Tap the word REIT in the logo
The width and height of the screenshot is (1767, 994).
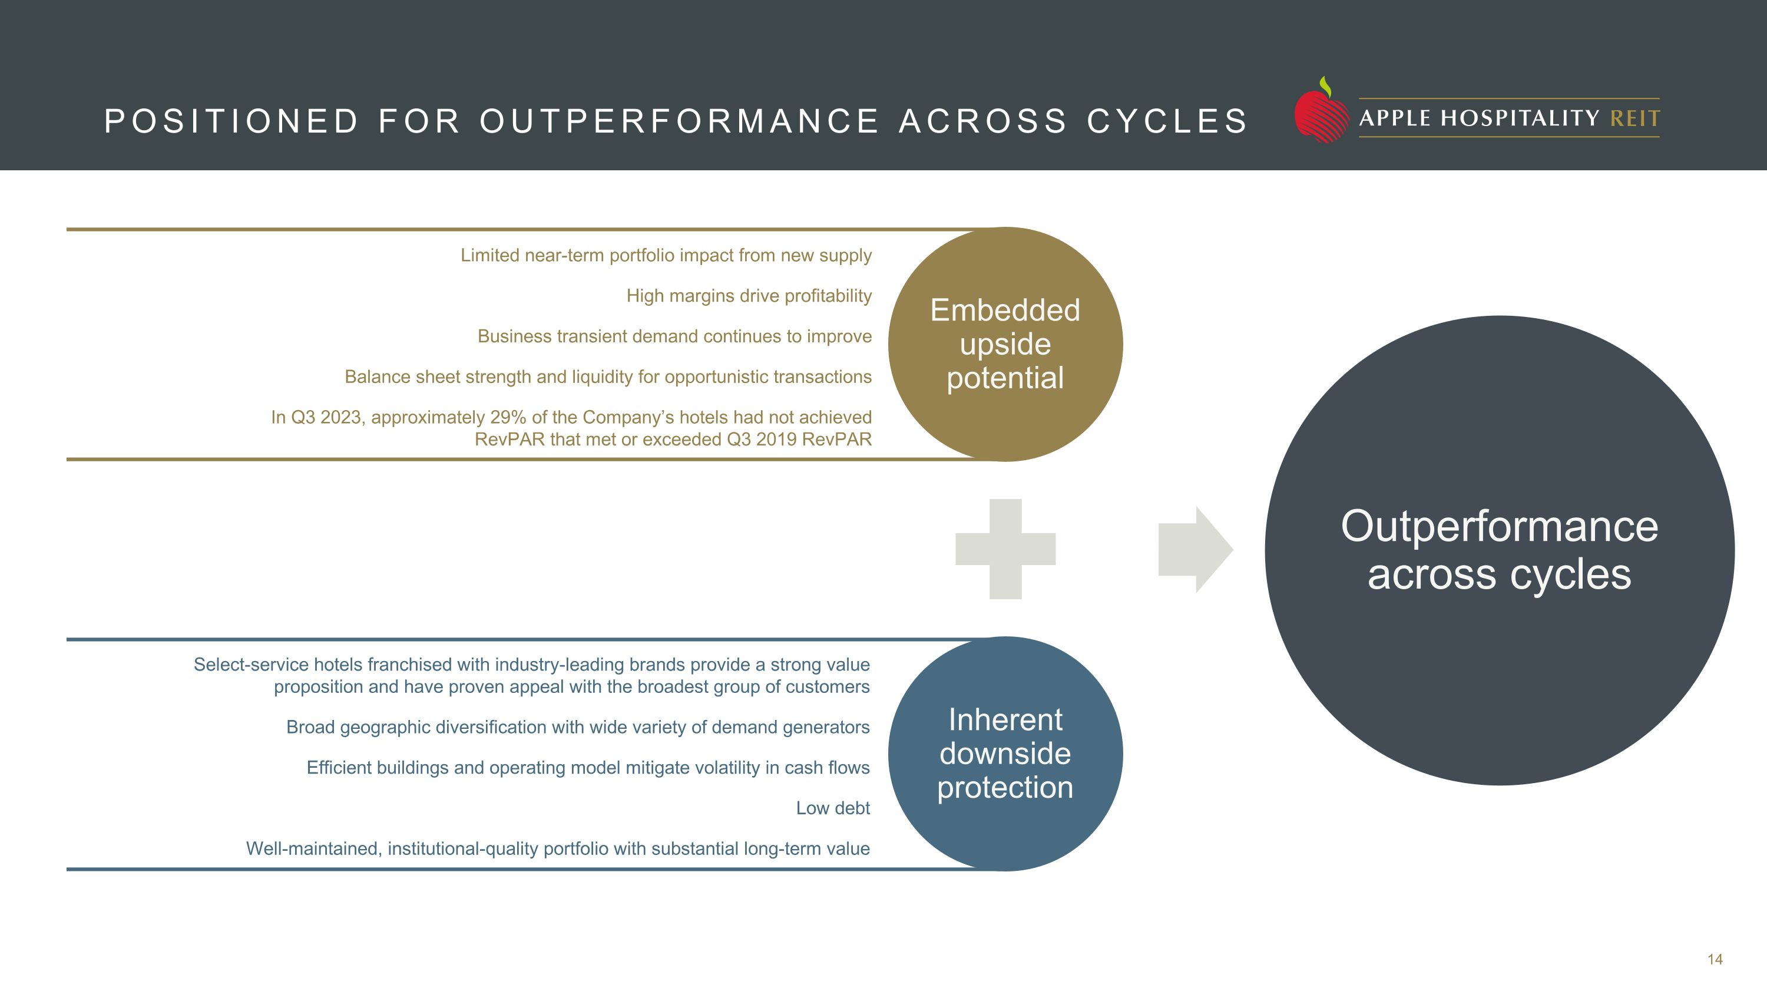(x=1634, y=118)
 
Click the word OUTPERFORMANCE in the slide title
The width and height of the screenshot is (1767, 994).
(x=679, y=121)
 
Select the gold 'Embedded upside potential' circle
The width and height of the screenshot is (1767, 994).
(x=1005, y=344)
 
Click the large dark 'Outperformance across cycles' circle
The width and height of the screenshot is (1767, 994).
(x=1499, y=550)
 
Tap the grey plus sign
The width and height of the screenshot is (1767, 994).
(x=1005, y=549)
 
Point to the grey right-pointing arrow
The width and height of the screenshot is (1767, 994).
(x=1194, y=550)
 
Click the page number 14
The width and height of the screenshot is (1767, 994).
(x=1715, y=960)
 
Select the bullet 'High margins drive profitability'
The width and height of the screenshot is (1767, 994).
(x=749, y=296)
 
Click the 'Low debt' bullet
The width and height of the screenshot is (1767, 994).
(x=832, y=808)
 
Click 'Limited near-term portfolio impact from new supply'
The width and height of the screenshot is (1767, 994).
(x=666, y=256)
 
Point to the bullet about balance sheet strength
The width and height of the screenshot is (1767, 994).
(x=608, y=377)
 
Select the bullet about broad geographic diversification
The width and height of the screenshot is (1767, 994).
(x=578, y=727)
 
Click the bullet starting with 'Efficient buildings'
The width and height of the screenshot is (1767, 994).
(x=588, y=768)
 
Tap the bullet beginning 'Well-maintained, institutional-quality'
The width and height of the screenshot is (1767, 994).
(x=558, y=848)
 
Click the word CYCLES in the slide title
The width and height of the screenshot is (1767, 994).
(x=1167, y=121)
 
